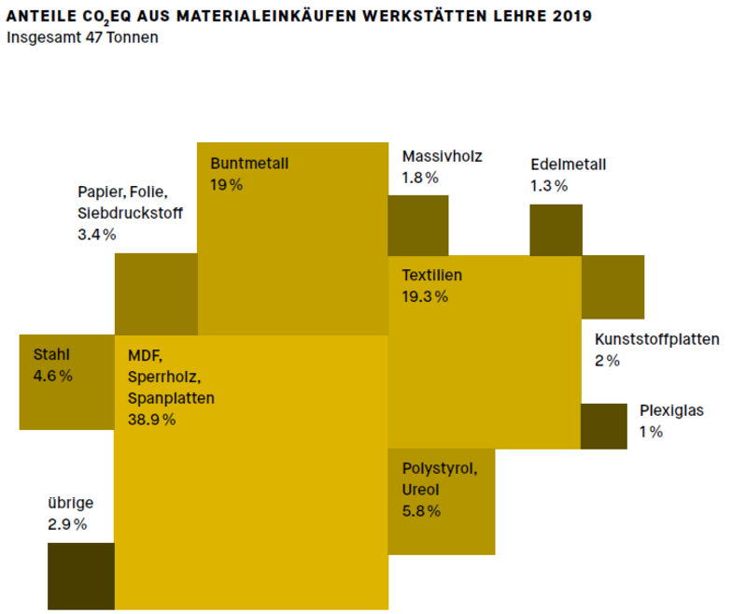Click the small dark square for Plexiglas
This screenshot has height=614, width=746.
click(x=603, y=426)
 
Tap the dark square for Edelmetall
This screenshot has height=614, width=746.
click(x=556, y=229)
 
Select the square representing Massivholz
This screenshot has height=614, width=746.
click(x=418, y=224)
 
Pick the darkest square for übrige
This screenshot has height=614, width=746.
click(x=80, y=575)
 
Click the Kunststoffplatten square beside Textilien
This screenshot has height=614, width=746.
click(x=613, y=286)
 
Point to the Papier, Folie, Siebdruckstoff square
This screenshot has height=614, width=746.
click(x=156, y=293)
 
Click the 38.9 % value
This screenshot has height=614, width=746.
click(x=152, y=420)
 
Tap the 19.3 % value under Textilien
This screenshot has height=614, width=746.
click(x=425, y=297)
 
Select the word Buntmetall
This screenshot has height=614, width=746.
click(x=249, y=164)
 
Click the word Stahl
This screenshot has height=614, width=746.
click(x=51, y=354)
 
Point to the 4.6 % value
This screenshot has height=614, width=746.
click(x=53, y=376)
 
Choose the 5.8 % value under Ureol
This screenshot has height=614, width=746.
click(x=421, y=510)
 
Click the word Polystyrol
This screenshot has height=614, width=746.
click(x=439, y=467)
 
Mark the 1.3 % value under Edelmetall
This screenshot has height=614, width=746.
click(x=549, y=185)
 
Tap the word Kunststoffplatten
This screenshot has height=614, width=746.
click(x=656, y=339)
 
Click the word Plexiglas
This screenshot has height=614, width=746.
click(x=671, y=409)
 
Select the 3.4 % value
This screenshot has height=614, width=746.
click(x=97, y=235)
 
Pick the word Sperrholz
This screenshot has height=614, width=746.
click(x=164, y=376)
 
